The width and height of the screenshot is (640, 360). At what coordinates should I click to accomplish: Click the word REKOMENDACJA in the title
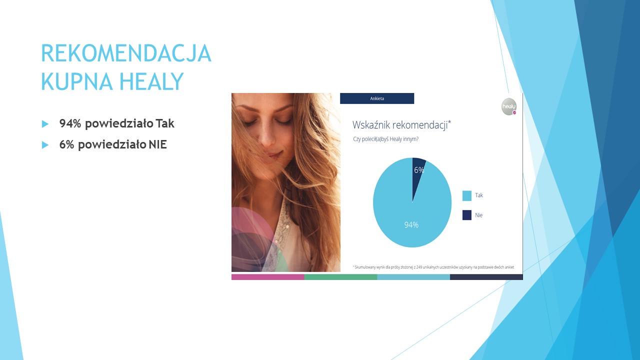126,53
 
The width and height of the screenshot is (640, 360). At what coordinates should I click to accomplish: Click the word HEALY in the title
151,81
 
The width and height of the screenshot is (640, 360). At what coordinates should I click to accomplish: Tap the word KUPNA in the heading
77,81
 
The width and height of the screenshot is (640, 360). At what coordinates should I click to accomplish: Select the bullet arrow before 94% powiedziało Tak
45,124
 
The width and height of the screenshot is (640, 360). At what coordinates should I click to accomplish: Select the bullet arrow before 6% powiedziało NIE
45,145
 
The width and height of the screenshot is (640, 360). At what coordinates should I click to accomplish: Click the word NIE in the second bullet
157,144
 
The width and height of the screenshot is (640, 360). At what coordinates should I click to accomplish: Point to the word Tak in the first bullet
165,123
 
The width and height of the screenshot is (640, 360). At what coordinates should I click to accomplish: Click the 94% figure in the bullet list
70,123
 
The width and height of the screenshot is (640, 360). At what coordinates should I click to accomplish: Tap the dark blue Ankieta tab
377,98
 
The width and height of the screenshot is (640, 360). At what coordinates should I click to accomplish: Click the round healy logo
509,106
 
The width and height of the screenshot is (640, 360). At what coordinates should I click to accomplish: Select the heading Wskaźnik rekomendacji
401,125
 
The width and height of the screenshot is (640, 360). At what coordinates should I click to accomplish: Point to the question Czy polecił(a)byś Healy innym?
385,139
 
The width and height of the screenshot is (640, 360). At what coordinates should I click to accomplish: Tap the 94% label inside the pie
411,225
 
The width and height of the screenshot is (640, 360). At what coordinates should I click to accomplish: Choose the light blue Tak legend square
467,195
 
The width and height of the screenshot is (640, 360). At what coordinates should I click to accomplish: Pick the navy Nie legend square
467,215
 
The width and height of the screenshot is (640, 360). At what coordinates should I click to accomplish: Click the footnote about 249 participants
433,267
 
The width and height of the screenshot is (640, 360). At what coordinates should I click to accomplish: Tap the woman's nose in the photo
266,134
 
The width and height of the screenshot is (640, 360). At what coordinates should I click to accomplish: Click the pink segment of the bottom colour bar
267,277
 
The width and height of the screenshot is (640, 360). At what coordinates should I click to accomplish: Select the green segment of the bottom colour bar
340,277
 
